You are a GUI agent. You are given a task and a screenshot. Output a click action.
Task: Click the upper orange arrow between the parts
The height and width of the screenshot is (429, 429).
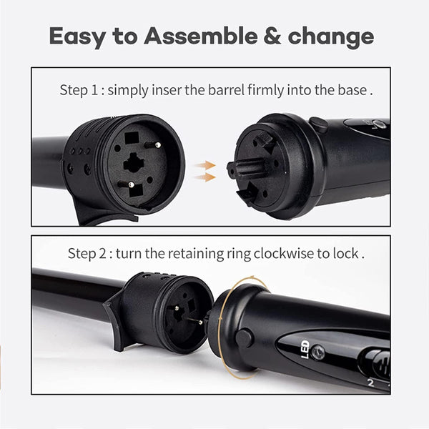[x=207, y=165]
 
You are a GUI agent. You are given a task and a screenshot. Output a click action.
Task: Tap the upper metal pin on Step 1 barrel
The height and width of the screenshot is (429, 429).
[x=155, y=144]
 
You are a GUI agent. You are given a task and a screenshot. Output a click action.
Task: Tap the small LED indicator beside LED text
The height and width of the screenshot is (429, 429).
[x=317, y=352]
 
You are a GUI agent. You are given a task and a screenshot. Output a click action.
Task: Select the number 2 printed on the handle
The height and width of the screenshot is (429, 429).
[x=371, y=383]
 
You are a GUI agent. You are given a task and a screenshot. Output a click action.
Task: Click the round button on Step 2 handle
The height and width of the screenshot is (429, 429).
[x=245, y=337]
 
